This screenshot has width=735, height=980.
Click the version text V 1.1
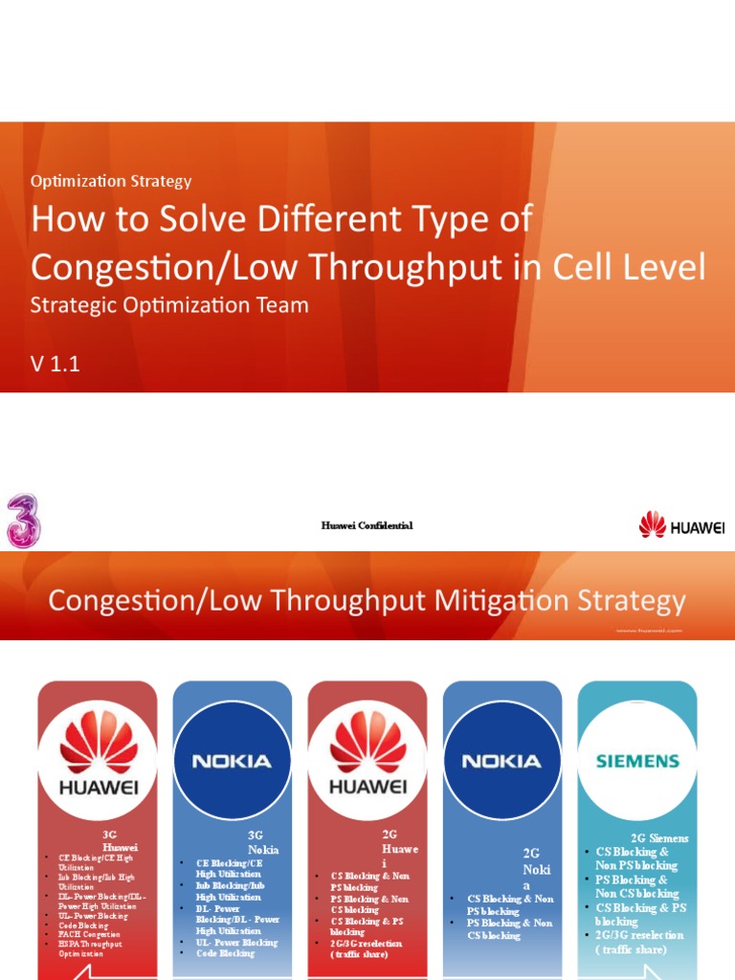pos(55,363)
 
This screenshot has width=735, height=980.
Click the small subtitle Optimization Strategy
pos(111,181)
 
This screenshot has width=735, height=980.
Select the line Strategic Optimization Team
pos(169,305)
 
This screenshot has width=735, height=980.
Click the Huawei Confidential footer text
pos(367,525)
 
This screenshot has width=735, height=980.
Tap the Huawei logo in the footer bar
pos(681,524)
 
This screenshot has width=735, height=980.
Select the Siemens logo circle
pos(637,761)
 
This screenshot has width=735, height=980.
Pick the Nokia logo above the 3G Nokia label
pos(232,761)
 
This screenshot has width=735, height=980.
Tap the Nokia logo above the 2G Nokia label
pos(501,761)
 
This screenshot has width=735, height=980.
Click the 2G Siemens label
pos(659,838)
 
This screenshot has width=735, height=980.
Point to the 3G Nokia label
pos(262,842)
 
